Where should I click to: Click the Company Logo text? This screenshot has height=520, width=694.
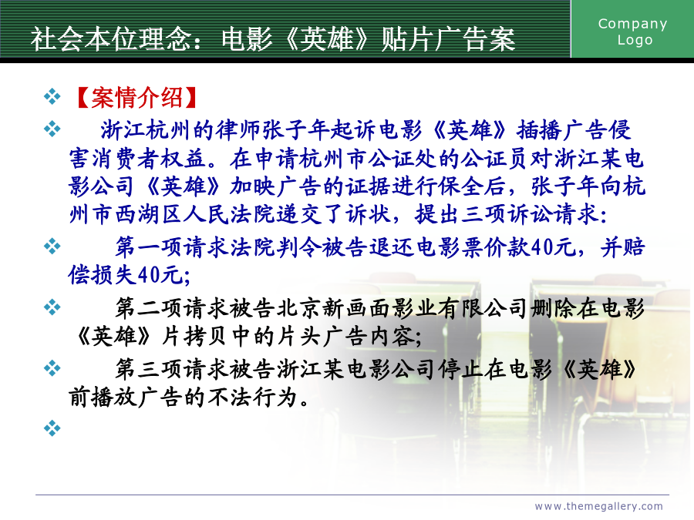(x=632, y=32)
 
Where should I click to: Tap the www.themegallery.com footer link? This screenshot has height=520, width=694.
(x=599, y=506)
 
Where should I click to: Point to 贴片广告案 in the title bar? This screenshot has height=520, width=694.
(x=448, y=39)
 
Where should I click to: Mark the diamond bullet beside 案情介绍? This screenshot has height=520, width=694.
(x=52, y=97)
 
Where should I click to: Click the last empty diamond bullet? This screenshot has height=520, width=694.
(x=52, y=428)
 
